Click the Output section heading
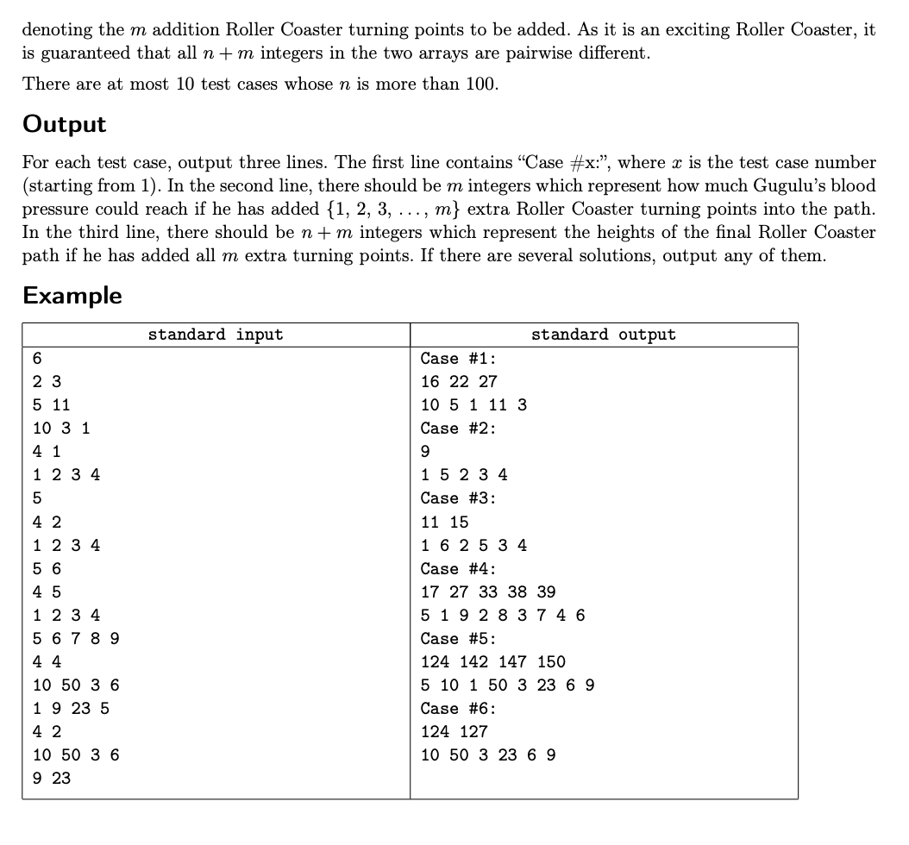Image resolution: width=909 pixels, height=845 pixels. click(x=64, y=124)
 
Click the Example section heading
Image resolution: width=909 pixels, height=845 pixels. click(x=72, y=295)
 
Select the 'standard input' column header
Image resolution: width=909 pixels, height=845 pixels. click(x=215, y=335)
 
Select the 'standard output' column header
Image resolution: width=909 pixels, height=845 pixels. click(x=604, y=335)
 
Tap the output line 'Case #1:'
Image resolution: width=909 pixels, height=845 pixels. click(x=458, y=359)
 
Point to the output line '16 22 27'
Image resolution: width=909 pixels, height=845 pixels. click(x=459, y=382)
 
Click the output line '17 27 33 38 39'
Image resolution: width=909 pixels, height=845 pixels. click(x=488, y=591)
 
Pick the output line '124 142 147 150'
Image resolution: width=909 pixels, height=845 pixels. click(x=493, y=661)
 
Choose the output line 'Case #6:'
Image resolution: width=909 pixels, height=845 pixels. click(x=458, y=709)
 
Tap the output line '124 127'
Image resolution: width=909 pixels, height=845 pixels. click(x=454, y=731)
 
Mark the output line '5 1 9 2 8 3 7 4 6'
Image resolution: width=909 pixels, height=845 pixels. click(x=503, y=615)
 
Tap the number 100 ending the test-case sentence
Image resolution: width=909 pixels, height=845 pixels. click(x=480, y=84)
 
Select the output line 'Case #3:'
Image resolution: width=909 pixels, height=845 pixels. click(x=458, y=498)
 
